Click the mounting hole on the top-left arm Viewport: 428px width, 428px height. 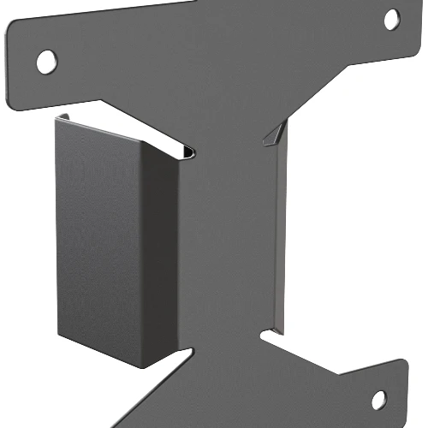(x=46, y=60)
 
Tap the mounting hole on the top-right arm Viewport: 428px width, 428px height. (x=391, y=19)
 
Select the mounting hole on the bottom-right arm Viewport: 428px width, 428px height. (x=377, y=399)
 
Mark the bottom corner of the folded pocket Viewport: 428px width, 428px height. (x=137, y=367)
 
